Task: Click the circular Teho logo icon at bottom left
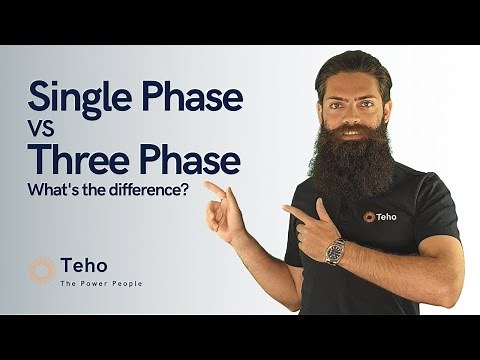click(41, 270)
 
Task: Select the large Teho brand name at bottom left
click(84, 267)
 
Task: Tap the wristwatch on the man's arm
click(334, 251)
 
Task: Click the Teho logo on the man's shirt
click(381, 215)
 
